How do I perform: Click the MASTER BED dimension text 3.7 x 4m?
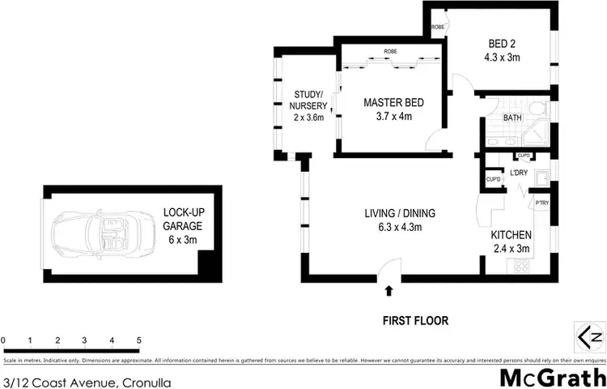pos(393,117)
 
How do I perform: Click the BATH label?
pos(511,118)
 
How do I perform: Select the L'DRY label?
pos(519,173)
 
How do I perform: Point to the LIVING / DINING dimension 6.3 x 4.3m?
pos(399,227)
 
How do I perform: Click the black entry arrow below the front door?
pos(390,289)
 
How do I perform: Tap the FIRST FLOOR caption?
pos(415,321)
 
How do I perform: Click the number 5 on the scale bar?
pos(139,340)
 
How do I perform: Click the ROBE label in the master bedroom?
pos(390,49)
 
